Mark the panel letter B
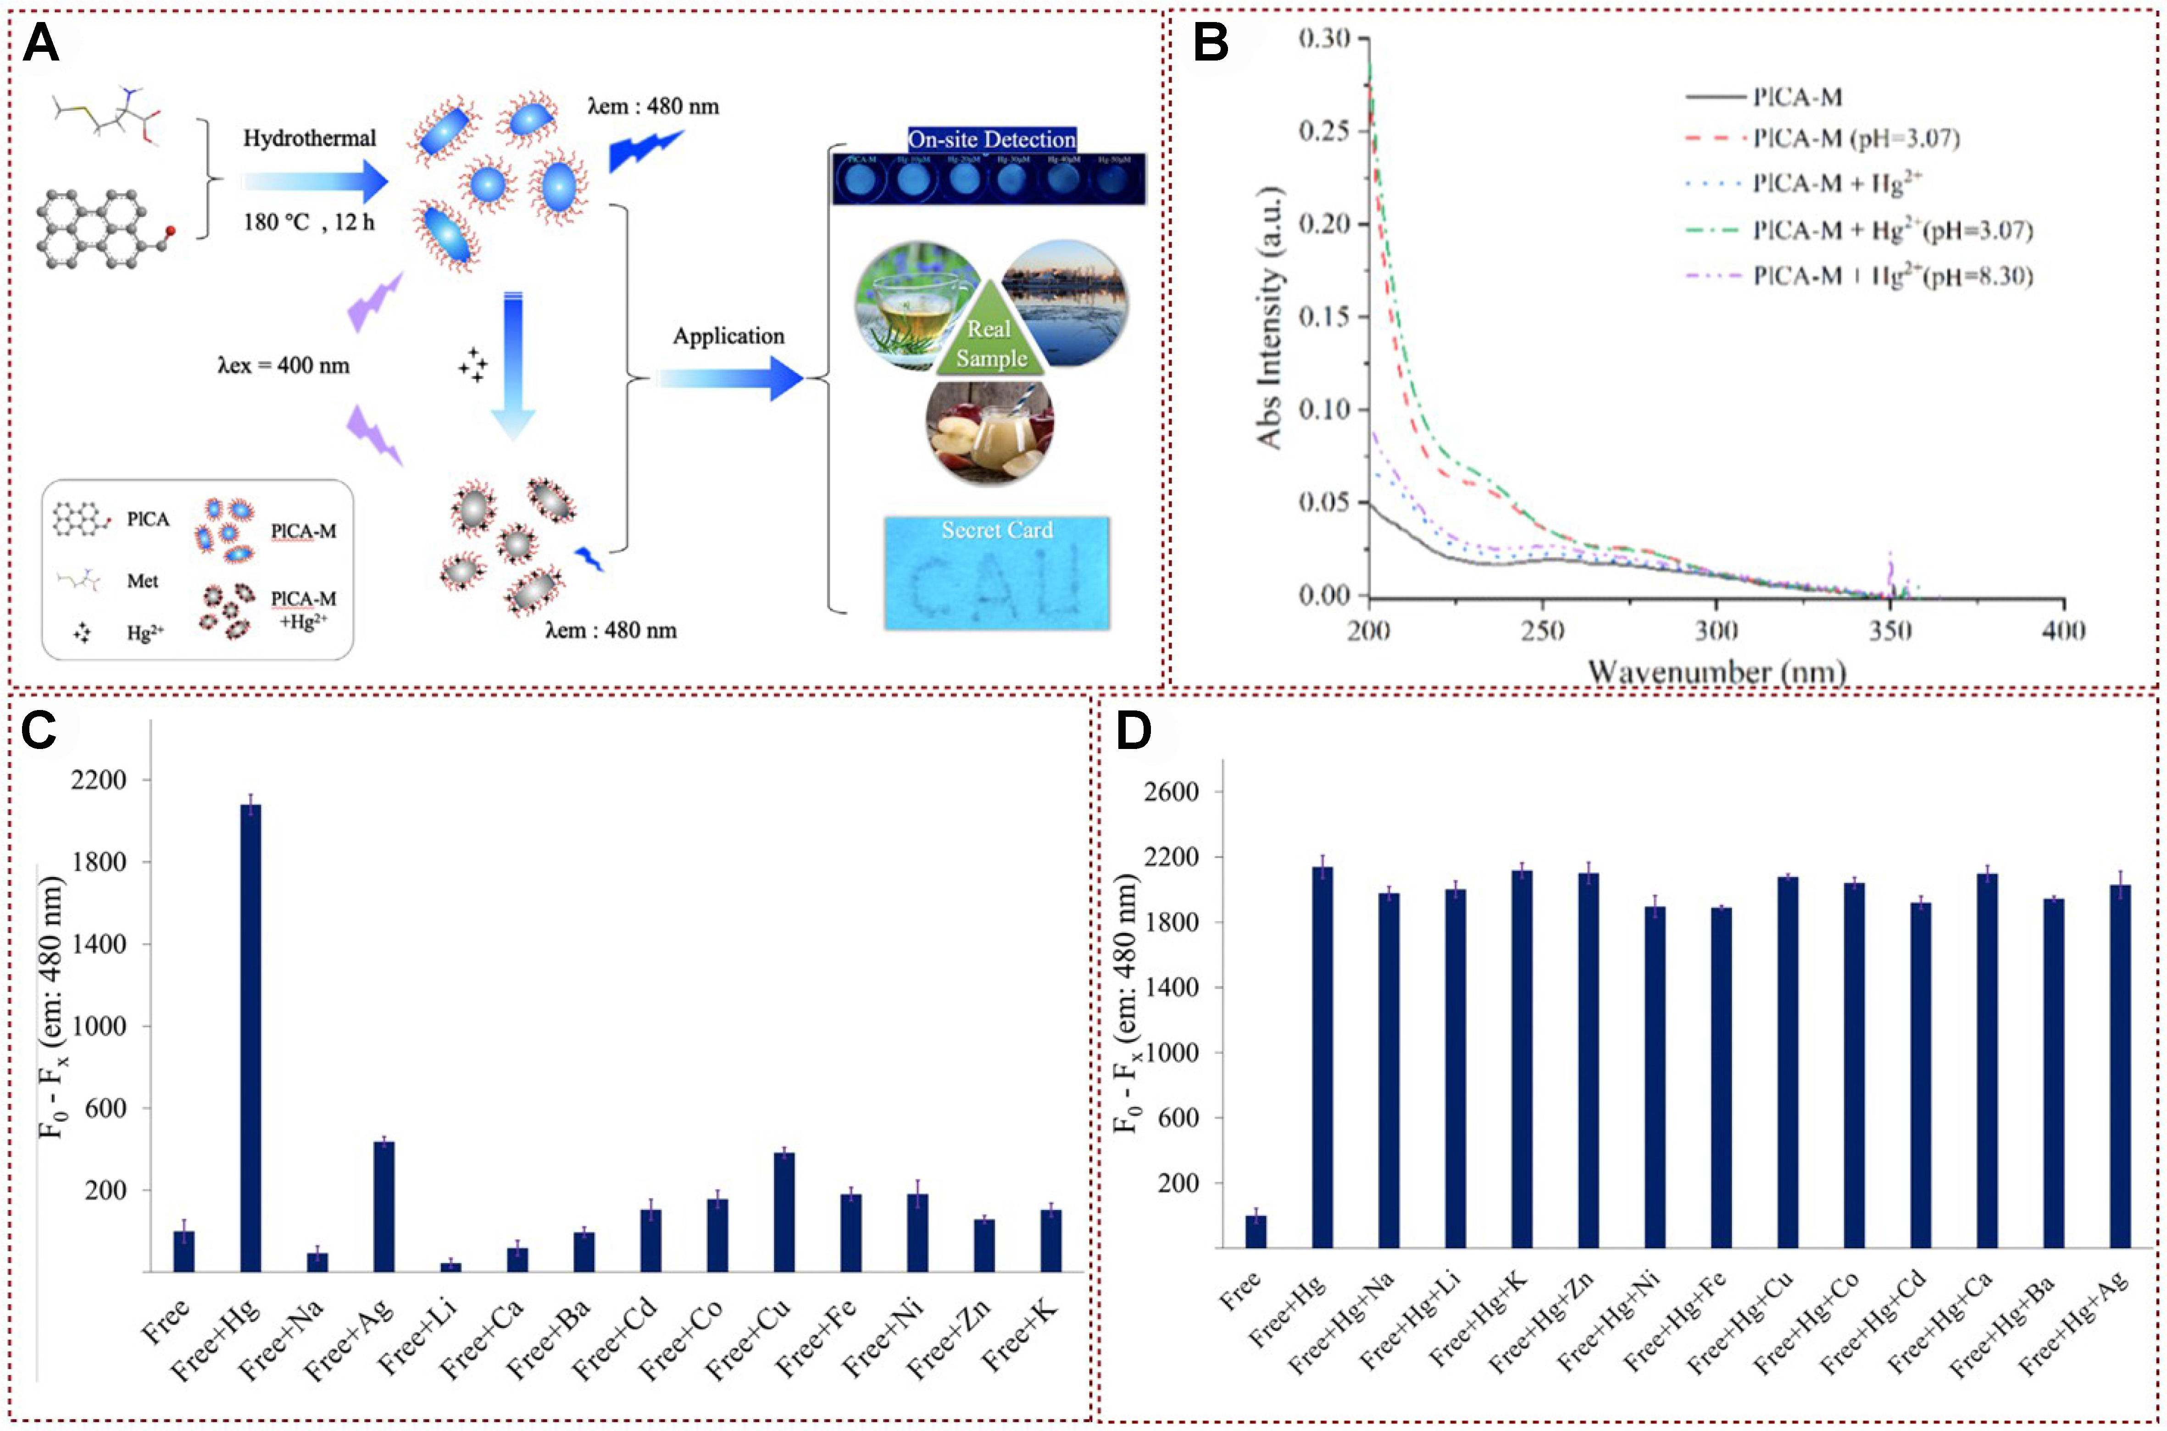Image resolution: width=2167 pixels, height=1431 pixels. [1211, 43]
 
